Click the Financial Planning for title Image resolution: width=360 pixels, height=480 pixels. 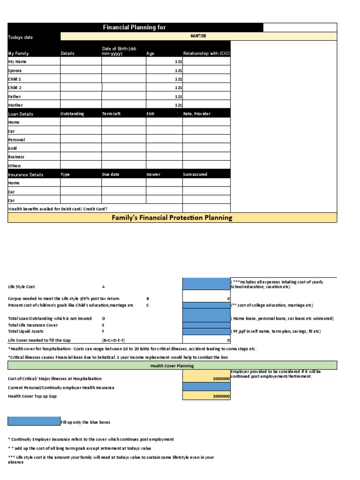click(135, 28)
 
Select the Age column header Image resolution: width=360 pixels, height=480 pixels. click(150, 53)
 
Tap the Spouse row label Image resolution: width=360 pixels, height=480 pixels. click(15, 70)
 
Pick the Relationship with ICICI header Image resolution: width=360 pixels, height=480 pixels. click(206, 53)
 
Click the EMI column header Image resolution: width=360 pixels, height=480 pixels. click(150, 114)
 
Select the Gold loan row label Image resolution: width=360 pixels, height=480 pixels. click(13, 148)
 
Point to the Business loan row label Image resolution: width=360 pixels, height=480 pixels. click(16, 157)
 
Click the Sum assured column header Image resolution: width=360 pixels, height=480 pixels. click(195, 174)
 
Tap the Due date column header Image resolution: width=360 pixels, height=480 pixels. click(111, 174)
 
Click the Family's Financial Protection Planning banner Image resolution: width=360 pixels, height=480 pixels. click(172, 217)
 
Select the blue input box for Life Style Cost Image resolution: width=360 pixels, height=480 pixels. click(206, 284)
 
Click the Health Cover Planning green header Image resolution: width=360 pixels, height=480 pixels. click(172, 366)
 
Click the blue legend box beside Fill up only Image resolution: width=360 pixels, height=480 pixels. click(34, 421)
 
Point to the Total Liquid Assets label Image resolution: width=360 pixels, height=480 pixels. click(26, 331)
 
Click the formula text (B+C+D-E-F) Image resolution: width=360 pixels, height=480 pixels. click(113, 340)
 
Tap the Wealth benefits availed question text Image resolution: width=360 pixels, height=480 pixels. click(60, 209)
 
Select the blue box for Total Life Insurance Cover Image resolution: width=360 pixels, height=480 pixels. click(206, 325)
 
